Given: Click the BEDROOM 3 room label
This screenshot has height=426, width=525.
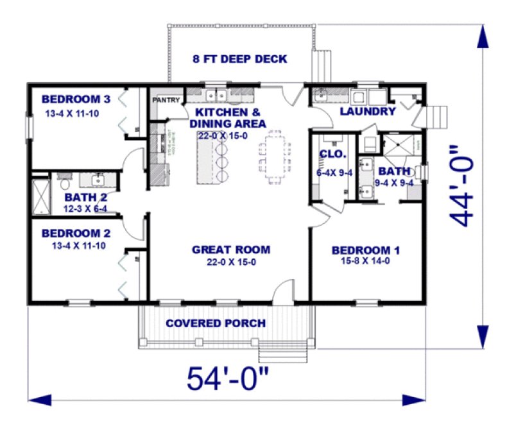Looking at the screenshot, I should coord(76,99).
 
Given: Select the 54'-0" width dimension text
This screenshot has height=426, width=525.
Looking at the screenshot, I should coord(227,379).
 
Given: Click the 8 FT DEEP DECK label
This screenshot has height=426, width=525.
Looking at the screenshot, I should coord(239,59).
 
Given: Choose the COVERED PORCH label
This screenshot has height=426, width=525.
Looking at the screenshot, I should coord(215,323).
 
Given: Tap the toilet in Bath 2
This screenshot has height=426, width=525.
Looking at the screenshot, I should coord(63,182).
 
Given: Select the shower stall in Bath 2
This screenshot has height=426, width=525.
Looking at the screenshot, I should coord(41,198).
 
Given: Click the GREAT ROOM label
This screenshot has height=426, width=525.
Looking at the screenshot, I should coord(231,250).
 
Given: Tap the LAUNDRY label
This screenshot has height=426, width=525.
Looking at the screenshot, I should coord(367,112).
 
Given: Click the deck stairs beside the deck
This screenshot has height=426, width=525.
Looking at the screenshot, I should coord(319,65).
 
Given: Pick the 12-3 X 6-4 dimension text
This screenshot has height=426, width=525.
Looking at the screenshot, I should coord(85,209).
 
